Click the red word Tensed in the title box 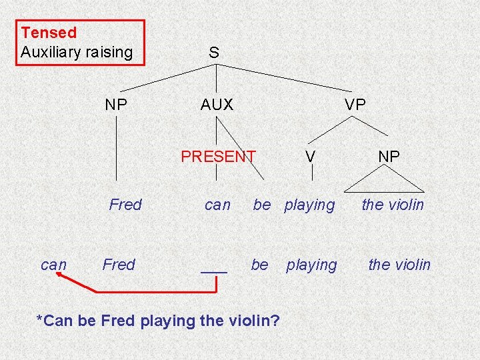coord(49,32)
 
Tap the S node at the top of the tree coord(213,52)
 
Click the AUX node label coord(217,105)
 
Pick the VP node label coord(355,105)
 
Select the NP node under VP coord(389,157)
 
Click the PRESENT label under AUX coord(218,157)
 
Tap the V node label coord(310,157)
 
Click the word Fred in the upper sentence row coord(125,205)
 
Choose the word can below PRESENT coord(217,205)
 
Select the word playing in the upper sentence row coord(309,205)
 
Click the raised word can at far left coord(53,265)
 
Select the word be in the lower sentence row coord(259,265)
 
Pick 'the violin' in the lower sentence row coord(399,265)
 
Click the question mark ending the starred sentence coord(275,321)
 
